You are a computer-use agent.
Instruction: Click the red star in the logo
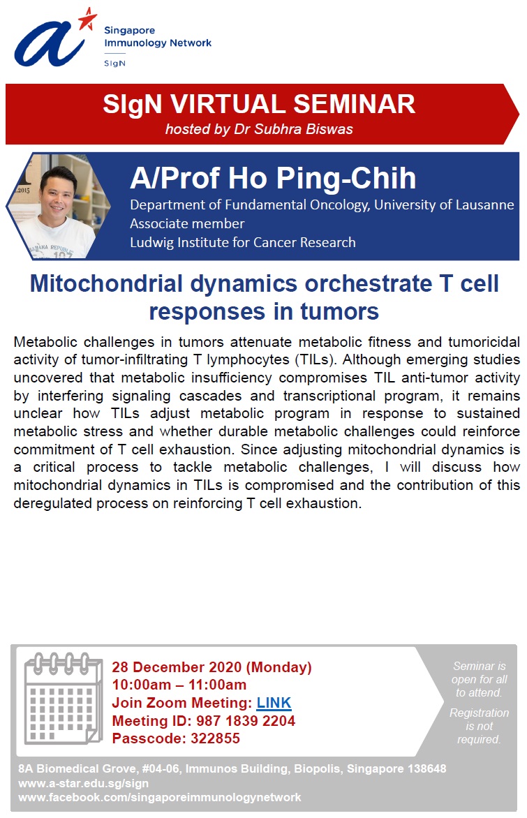tap(88, 20)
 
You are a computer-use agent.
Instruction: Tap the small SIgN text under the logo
tap(114, 63)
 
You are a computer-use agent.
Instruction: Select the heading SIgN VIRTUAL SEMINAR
tap(259, 104)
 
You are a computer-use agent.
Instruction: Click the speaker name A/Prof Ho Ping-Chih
tap(273, 178)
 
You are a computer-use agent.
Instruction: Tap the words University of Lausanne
tap(444, 204)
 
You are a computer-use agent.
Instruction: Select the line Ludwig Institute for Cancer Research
tap(243, 243)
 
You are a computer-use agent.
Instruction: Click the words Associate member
tap(187, 224)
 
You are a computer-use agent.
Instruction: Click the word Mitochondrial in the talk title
tap(106, 284)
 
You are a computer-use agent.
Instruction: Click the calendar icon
tap(63, 698)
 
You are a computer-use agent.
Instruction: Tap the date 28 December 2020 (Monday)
tap(211, 667)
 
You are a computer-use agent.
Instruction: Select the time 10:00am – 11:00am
tap(179, 685)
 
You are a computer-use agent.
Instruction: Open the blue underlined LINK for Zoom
tap(274, 704)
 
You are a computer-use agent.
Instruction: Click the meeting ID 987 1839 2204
tap(245, 721)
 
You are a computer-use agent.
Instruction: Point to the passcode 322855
tap(215, 738)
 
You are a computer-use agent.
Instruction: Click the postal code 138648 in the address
tap(426, 769)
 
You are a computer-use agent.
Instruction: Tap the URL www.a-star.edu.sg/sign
tap(84, 784)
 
